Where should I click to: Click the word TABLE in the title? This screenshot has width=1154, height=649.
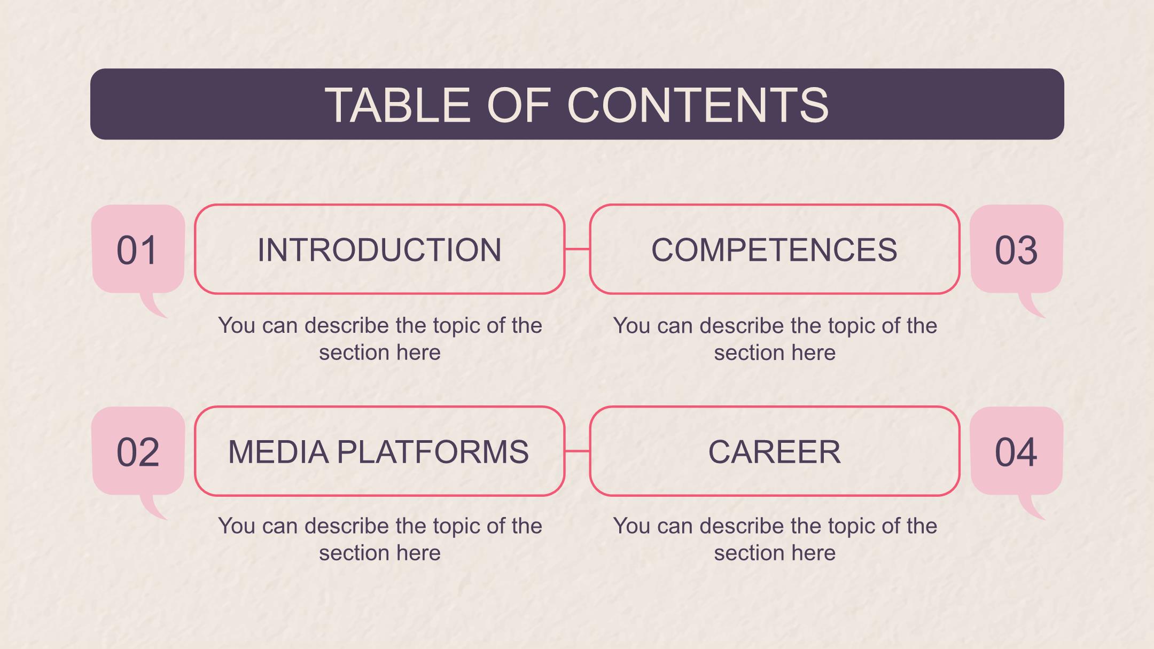click(397, 105)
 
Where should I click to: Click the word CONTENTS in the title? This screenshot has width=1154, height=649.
click(698, 105)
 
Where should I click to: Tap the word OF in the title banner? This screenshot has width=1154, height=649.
click(518, 105)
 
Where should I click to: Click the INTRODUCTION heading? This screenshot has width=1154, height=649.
click(379, 249)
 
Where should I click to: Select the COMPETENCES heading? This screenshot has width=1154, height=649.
click(774, 249)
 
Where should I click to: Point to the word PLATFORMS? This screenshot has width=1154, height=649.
click(433, 452)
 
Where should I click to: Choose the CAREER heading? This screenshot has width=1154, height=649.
click(774, 452)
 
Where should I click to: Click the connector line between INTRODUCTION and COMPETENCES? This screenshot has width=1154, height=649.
click(577, 249)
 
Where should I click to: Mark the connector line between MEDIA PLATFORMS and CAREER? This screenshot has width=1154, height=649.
click(577, 451)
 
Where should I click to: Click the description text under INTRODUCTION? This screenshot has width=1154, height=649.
click(380, 339)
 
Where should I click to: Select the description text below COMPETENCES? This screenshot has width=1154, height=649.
click(775, 339)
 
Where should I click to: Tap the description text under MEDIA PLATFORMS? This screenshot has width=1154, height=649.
click(380, 539)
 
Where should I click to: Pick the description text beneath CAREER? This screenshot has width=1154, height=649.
click(775, 539)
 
